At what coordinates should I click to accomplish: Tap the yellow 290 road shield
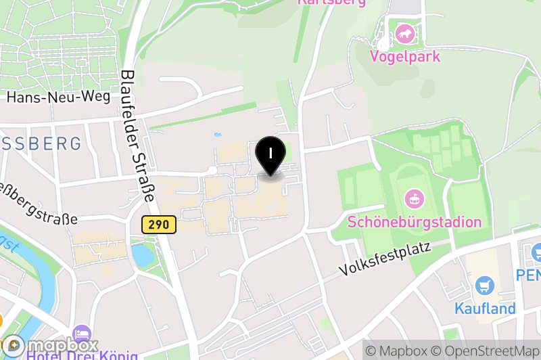tap(160, 224)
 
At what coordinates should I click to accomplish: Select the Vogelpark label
tap(405, 56)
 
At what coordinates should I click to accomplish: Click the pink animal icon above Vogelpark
tap(405, 32)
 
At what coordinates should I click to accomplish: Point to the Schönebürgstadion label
tap(414, 222)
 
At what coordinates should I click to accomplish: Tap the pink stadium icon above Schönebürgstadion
tap(413, 199)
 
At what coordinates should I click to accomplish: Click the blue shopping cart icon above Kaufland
tap(484, 286)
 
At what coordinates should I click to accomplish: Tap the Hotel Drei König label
tap(83, 354)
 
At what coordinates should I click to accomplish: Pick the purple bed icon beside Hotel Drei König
tap(82, 334)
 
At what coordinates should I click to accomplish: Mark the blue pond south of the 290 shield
tap(143, 255)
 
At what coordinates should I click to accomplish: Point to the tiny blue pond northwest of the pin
tap(217, 135)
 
